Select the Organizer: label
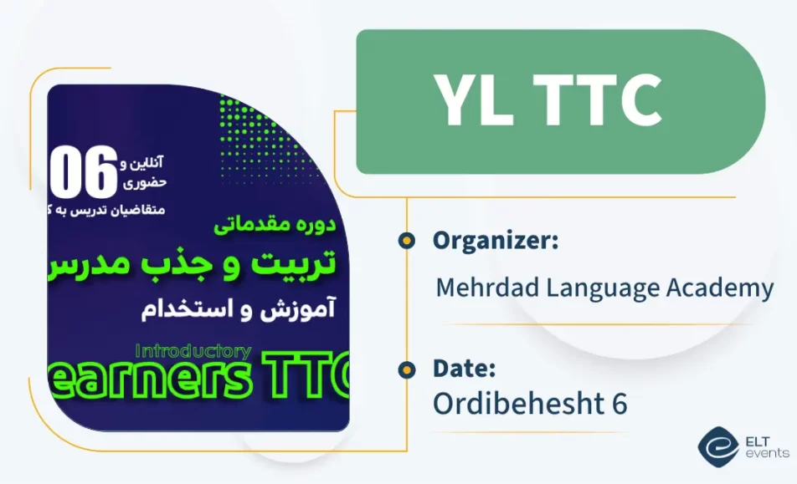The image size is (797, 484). pos(495,241)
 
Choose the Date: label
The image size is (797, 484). pos(464,369)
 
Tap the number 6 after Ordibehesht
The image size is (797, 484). pos(619,403)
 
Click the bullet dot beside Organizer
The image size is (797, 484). pos(406,242)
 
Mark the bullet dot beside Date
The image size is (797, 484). pos(406,369)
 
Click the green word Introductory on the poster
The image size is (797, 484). pos(193,351)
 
